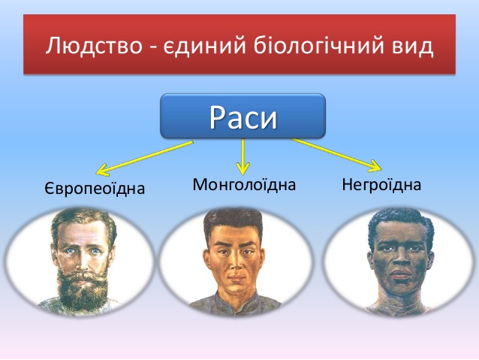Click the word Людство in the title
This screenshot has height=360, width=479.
94,46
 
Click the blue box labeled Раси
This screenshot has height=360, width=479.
243,116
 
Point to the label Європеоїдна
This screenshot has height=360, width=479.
95,188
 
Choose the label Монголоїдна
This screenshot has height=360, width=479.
244,185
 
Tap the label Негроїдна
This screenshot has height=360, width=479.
381,185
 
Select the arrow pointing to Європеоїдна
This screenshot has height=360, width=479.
145,158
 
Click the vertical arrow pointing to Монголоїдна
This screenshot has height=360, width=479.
243,156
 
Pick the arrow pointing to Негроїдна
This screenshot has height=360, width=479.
336,155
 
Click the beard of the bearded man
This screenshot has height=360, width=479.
83,291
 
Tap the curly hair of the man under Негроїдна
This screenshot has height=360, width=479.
399,222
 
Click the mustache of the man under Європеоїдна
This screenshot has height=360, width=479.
82,275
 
